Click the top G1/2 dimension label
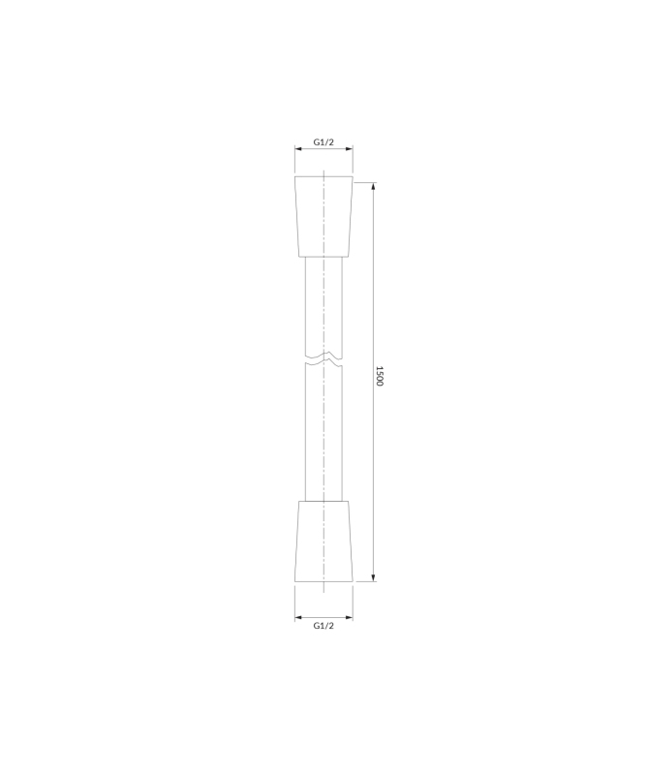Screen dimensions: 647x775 323,142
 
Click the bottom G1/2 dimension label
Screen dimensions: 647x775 323,626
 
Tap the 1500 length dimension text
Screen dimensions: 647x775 379,376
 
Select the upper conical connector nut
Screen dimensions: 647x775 323,216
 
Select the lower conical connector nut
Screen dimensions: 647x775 323,542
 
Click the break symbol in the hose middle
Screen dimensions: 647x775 323,359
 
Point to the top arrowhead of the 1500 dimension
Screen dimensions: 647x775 373,186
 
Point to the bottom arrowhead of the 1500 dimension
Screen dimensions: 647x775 373,578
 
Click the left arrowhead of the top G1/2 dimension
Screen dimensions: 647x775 298,148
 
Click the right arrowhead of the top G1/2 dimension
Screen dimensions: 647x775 350,148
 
